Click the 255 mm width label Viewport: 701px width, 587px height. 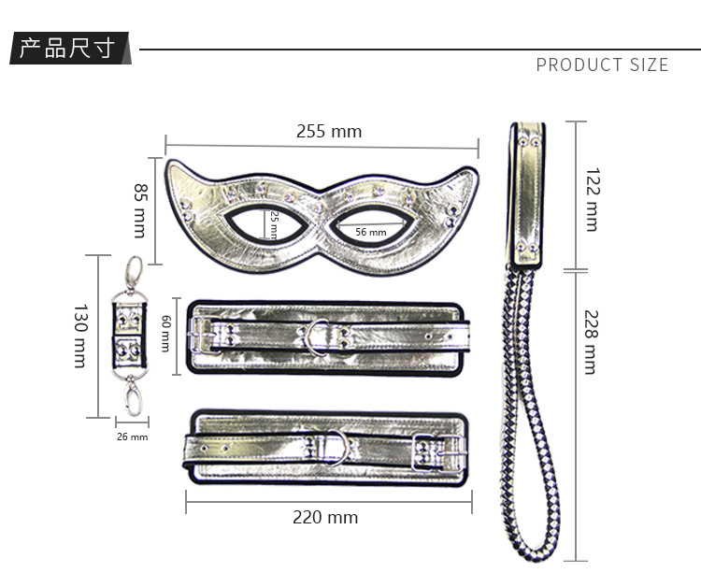(x=329, y=132)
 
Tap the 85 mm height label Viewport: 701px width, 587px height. (x=141, y=210)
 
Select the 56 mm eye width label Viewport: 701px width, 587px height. (x=371, y=232)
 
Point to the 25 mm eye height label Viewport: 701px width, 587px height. (x=274, y=225)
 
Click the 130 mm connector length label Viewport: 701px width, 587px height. (x=80, y=336)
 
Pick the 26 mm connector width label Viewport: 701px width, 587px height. (x=132, y=437)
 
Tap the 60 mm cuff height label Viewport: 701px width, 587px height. (x=165, y=334)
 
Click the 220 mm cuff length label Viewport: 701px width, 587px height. (x=325, y=517)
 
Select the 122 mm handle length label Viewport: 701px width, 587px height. (x=593, y=199)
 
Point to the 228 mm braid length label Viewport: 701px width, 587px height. (x=591, y=342)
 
